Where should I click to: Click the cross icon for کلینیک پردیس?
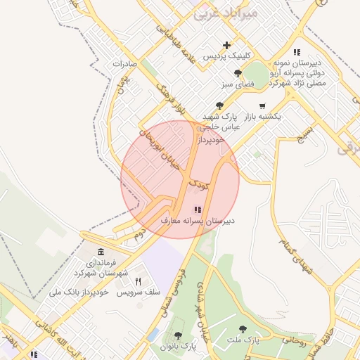(226, 46)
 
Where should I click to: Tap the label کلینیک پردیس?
(226, 56)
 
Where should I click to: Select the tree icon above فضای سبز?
(238, 74)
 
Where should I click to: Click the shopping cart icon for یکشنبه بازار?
(262, 106)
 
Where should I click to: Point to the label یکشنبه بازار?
(260, 116)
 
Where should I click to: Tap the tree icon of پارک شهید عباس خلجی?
(220, 105)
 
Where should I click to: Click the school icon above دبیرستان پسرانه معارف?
(197, 209)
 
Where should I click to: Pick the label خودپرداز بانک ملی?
(77, 291)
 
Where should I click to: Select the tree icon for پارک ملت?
(243, 329)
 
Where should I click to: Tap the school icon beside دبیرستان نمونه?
(297, 53)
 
